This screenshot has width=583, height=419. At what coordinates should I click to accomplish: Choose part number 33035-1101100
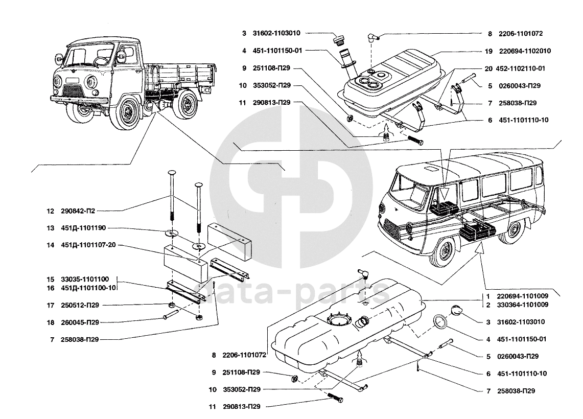coord(85,280)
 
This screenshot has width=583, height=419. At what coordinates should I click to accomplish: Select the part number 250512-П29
coord(80,305)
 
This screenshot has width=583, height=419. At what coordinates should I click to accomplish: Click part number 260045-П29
coord(80,322)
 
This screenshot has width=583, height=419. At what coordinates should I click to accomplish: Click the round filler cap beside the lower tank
coord(456,311)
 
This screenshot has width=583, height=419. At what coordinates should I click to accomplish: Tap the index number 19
coord(488,52)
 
